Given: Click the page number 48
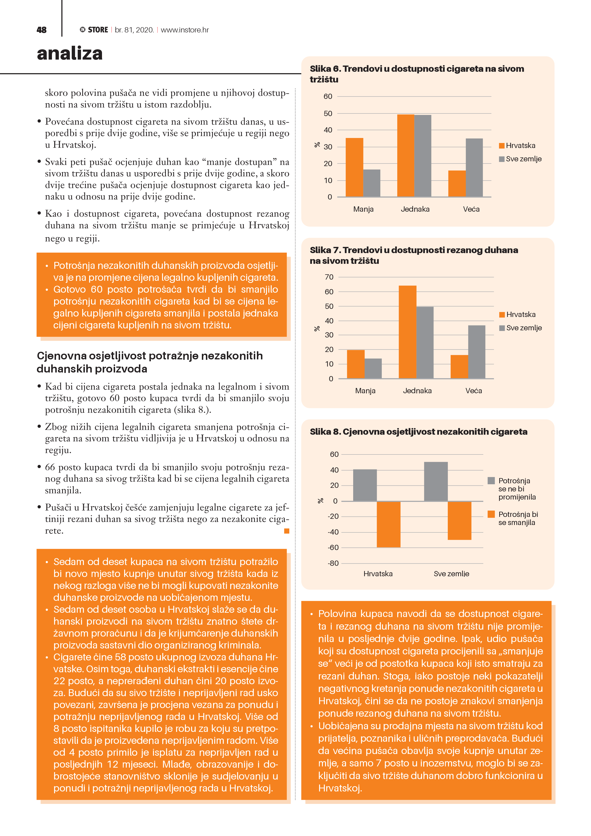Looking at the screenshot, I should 41,30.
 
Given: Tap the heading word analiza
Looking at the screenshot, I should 70,54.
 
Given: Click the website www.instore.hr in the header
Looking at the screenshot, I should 185,30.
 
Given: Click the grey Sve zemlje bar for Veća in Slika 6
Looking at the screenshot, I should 474,168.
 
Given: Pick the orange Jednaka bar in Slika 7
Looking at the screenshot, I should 408,332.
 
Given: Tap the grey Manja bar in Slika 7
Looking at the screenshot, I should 373,368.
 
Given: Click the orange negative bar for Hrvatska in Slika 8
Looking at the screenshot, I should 388,524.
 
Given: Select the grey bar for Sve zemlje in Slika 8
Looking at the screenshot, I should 436,481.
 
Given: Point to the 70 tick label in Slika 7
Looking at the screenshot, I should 329,277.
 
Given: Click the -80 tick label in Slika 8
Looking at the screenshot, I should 333,563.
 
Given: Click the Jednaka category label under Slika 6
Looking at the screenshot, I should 415,209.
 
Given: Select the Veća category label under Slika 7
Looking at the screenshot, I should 473,391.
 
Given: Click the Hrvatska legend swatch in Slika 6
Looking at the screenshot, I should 501,146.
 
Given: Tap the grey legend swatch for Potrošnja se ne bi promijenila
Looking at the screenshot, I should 491,481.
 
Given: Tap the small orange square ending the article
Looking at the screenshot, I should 287,531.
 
